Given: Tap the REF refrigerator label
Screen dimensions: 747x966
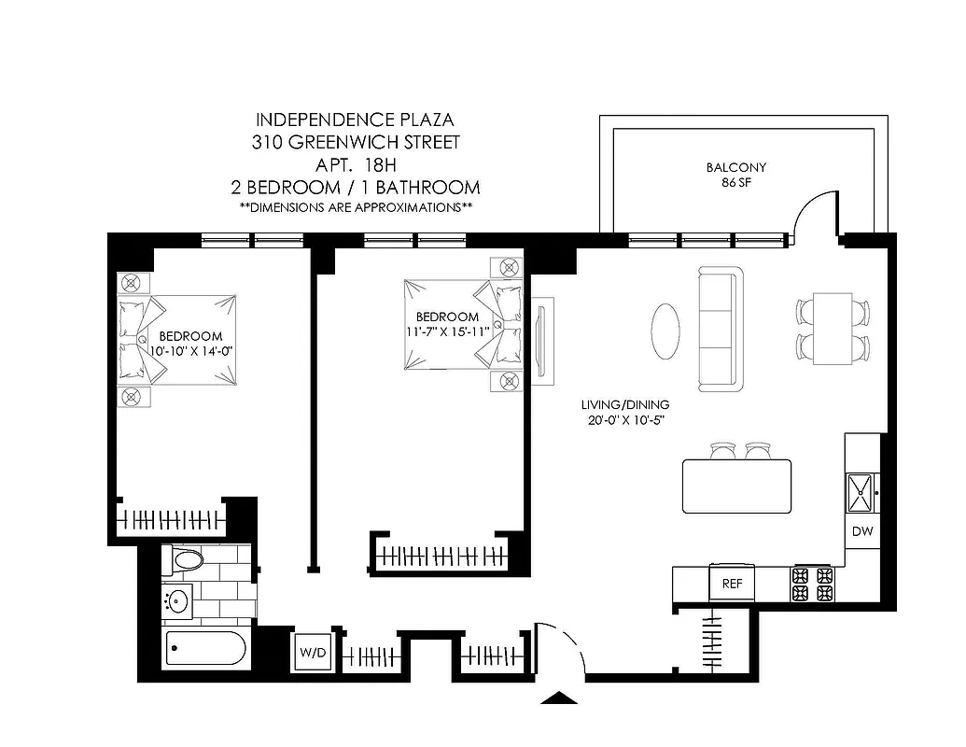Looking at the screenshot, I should tap(732, 584).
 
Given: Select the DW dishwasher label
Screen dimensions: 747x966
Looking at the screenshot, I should tap(861, 531).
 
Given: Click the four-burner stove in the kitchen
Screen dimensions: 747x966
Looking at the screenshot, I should tap(812, 584).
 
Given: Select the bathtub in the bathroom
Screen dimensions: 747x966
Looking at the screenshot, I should tap(206, 649).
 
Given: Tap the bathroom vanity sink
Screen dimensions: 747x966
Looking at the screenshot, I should tap(177, 602).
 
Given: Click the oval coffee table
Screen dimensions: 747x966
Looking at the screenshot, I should tap(665, 331).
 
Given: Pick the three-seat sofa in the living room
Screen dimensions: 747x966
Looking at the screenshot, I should tap(720, 330).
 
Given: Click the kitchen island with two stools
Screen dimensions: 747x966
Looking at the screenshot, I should tap(736, 486).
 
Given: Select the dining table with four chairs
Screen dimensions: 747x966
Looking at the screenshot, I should tap(833, 329).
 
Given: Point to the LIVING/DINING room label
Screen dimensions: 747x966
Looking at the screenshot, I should tap(624, 412).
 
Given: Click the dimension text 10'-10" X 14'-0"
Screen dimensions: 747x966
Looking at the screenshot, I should tap(189, 350).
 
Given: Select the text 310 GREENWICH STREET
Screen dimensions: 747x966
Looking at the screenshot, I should tap(356, 143).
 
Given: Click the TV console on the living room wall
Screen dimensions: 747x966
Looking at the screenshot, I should tap(543, 341).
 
